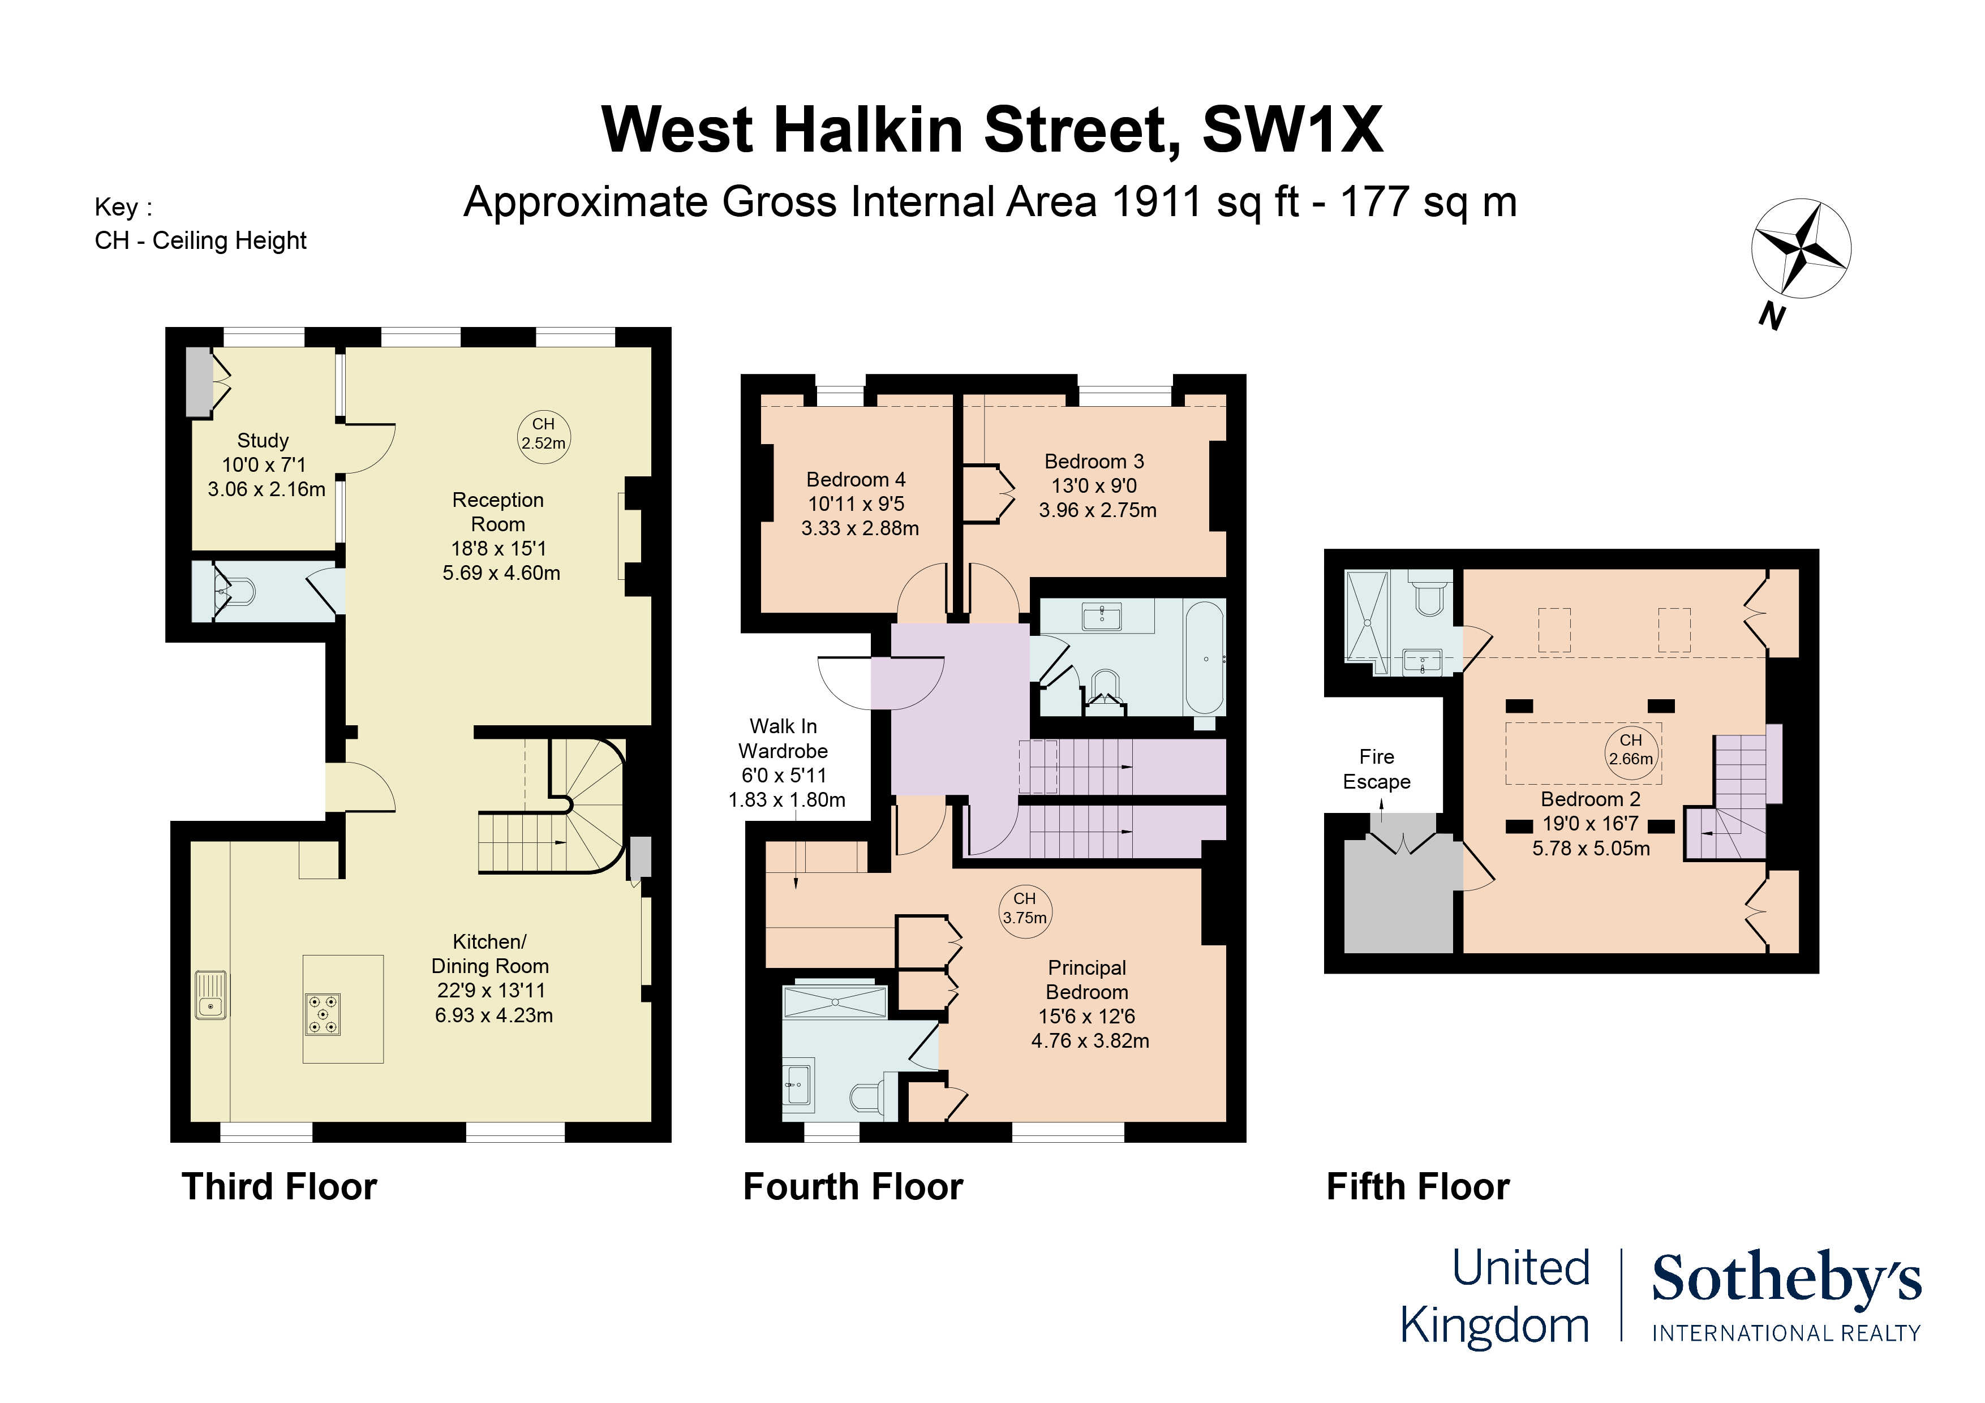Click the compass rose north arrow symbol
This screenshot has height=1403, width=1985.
tap(1801, 249)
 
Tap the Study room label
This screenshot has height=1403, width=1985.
tap(263, 440)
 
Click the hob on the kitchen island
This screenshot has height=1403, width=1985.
tap(323, 1014)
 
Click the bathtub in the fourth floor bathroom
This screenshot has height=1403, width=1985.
tap(1204, 659)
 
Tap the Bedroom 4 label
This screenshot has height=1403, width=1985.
tap(856, 480)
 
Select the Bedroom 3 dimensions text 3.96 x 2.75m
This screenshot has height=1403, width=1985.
tap(1097, 510)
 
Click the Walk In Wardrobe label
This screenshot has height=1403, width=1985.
tap(783, 738)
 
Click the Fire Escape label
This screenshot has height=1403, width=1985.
tap(1376, 768)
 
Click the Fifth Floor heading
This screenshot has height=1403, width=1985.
tap(1418, 1187)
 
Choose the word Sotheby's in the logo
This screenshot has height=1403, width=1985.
tap(1786, 1280)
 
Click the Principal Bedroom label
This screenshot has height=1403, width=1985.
tap(1087, 980)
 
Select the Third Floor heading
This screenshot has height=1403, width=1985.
tap(280, 1187)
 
